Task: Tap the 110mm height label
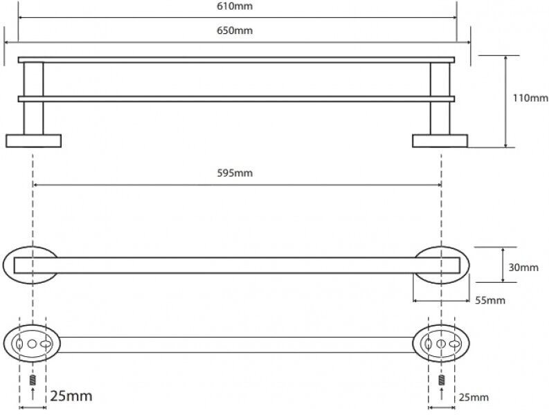[x=530, y=98]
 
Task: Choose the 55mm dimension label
[x=491, y=300]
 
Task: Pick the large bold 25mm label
[x=71, y=396]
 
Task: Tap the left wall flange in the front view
[x=33, y=140]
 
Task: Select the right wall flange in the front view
[x=440, y=140]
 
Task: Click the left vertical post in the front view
[x=33, y=97]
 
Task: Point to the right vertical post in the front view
[x=440, y=97]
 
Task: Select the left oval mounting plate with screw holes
[x=33, y=343]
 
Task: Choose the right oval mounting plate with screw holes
[x=441, y=343]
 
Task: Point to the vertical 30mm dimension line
[x=503, y=264]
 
